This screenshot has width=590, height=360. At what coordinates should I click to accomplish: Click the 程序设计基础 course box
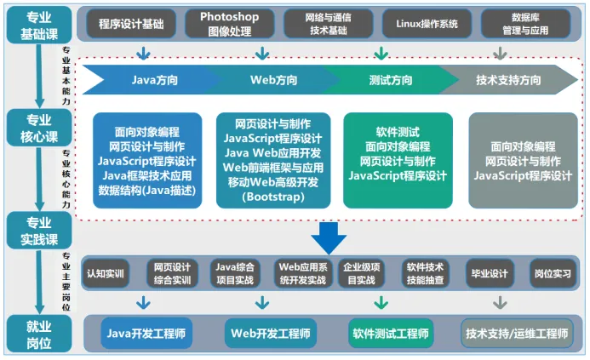click(131, 23)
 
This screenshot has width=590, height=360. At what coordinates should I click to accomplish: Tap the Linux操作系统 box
click(427, 23)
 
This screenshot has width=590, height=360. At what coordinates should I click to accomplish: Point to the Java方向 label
click(155, 81)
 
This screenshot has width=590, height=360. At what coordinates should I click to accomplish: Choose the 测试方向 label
click(391, 81)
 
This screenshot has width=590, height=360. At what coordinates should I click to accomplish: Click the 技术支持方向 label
click(508, 81)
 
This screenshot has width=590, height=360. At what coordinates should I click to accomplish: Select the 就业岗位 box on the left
click(38, 333)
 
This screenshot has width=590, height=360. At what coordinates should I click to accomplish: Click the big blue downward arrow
click(329, 235)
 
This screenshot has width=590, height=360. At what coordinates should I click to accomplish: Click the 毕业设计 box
click(489, 273)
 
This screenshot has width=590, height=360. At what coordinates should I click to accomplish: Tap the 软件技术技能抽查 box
click(424, 273)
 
